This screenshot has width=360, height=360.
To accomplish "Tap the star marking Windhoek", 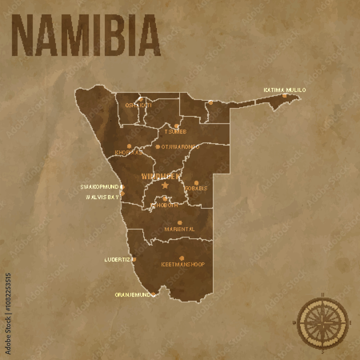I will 165,185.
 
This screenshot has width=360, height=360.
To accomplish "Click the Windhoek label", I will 161,176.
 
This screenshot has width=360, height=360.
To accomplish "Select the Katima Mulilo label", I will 284,90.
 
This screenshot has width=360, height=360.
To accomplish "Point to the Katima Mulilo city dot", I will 284,95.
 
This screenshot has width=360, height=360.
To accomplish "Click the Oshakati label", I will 138,105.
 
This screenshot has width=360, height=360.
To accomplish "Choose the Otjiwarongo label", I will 180,147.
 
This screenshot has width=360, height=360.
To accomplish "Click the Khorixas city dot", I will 129,146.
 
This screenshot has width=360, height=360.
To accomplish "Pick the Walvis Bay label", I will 102,197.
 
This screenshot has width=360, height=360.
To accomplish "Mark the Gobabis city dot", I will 196,183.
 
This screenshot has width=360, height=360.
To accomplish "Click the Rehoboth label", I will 164,205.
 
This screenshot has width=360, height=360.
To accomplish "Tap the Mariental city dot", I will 180,222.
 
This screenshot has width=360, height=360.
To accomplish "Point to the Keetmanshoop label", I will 183,264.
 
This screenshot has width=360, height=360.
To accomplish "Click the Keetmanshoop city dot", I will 181,258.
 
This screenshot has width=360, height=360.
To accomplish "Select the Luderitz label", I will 118,259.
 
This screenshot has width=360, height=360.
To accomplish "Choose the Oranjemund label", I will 132,294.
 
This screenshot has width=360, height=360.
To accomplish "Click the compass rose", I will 323,321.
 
